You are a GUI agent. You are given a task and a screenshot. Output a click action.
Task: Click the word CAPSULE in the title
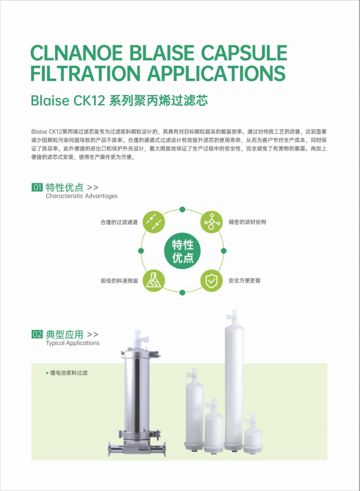244,52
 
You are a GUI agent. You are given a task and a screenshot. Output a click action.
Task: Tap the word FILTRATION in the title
85,73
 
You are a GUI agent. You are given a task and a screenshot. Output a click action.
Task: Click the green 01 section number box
37,187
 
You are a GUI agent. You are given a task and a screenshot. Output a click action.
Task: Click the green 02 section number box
37,334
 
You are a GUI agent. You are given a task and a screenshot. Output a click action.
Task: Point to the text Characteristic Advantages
82,196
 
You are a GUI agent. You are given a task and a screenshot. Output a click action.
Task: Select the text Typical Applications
72,343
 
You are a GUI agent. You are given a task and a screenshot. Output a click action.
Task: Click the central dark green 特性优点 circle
182,251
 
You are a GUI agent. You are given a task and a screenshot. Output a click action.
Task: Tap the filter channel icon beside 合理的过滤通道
154,222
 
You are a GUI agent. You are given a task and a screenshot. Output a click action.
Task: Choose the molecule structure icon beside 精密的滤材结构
211,222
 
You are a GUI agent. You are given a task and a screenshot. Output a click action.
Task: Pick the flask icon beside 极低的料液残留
154,280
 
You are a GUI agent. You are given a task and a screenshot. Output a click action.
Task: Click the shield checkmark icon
211,280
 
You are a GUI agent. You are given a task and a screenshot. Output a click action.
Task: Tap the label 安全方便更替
245,280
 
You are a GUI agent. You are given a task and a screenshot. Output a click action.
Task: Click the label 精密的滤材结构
247,222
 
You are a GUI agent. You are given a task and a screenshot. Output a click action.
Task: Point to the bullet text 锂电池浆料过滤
69,373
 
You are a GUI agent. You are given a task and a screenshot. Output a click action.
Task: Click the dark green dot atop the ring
182,210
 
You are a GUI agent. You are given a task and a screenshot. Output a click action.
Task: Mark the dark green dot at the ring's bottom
182,293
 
